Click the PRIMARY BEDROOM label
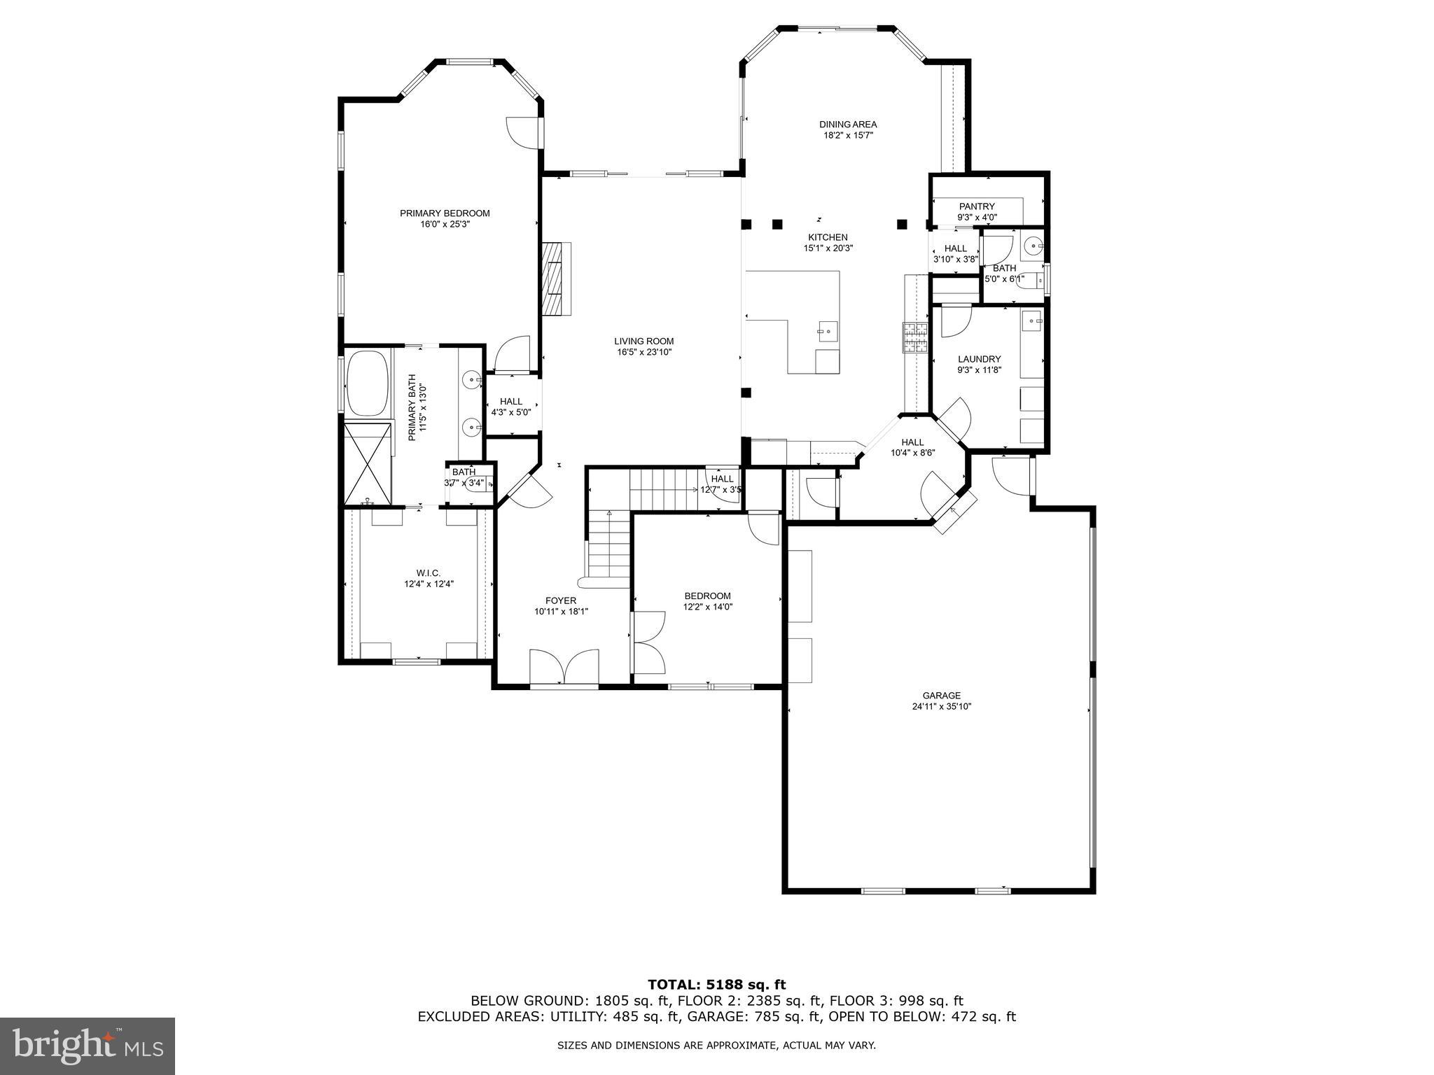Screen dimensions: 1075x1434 pyautogui.click(x=445, y=213)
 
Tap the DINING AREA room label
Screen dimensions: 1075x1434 pyautogui.click(x=848, y=125)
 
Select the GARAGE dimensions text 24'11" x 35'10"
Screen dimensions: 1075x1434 pyautogui.click(x=941, y=707)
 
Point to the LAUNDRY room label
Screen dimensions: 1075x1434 pyautogui.click(x=979, y=359)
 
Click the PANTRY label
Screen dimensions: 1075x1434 pyautogui.click(x=977, y=206)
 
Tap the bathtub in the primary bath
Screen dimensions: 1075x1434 pyautogui.click(x=367, y=384)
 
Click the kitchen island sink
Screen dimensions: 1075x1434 pyautogui.click(x=827, y=330)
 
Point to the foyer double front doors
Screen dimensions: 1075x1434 pyautogui.click(x=564, y=667)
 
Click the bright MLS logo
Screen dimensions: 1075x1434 pyautogui.click(x=88, y=1046)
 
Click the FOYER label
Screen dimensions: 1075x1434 pyautogui.click(x=561, y=600)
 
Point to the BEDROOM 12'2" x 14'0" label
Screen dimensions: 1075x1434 pyautogui.click(x=707, y=596)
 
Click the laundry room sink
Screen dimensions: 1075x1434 pyautogui.click(x=1033, y=321)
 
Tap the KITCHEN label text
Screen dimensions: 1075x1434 pyautogui.click(x=828, y=237)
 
